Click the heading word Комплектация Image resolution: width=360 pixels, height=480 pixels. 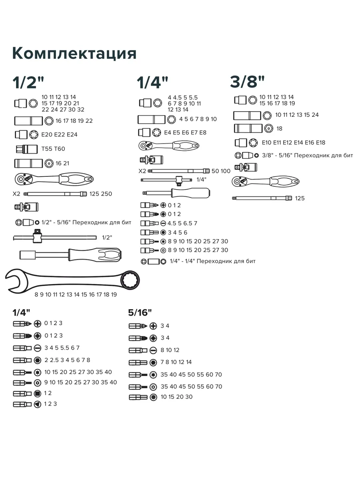coord(74,53)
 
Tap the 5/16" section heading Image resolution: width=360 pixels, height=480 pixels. coord(140,312)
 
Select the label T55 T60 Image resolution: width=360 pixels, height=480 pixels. coord(53,149)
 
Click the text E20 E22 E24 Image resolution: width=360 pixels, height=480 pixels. coord(59,134)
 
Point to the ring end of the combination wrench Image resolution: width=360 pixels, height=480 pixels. coord(131,280)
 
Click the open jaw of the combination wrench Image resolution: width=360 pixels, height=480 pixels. coord(16,281)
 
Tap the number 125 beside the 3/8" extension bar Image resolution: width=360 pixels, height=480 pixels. coord(300,198)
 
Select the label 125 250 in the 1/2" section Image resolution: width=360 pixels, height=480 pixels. coord(100,194)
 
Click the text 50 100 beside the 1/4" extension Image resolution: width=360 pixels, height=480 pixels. coord(221,171)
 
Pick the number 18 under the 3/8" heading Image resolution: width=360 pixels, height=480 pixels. coord(279,128)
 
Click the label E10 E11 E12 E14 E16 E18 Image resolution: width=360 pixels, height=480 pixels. coord(293,142)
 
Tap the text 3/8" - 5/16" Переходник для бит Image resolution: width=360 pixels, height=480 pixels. coord(307,155)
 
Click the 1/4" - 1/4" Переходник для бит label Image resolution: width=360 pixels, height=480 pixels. coord(212,261)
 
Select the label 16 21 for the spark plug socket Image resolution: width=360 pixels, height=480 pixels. coord(62,163)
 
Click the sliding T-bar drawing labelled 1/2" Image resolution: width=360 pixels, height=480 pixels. coord(55,237)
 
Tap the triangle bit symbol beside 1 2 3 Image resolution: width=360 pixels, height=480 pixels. coord(38,404)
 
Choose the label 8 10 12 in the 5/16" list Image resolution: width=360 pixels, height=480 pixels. coord(170,350)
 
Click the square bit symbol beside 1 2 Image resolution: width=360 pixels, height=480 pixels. coord(38,394)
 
